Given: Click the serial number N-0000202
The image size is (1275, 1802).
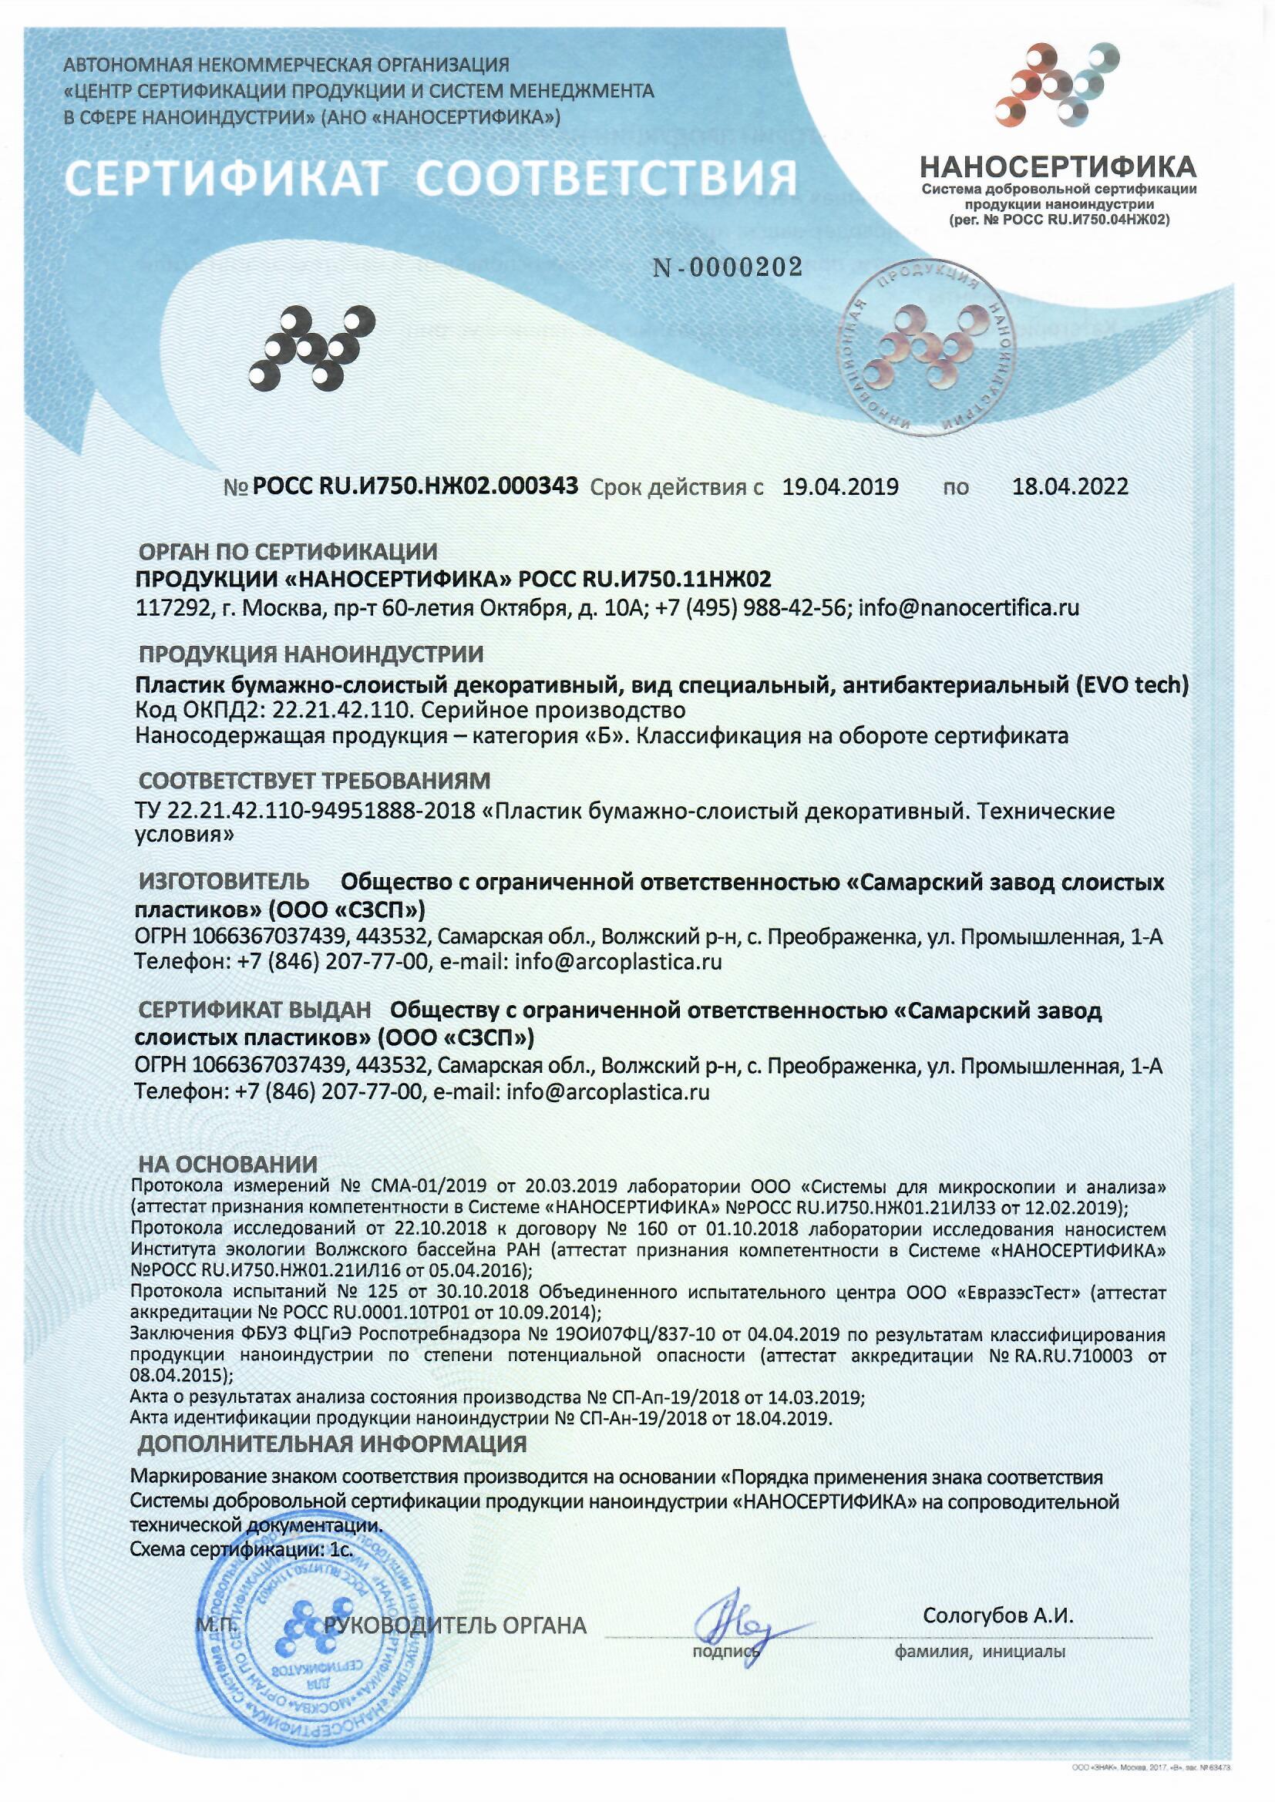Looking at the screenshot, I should (727, 269).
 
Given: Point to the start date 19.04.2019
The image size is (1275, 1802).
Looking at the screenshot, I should (840, 487).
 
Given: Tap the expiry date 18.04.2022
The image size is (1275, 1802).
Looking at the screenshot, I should (1069, 487).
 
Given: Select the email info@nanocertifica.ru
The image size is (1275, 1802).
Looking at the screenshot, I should (970, 607).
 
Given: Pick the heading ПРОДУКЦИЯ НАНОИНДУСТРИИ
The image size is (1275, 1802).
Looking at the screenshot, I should (311, 653).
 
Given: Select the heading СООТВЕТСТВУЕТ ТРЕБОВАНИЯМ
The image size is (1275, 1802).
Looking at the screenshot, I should (314, 781).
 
